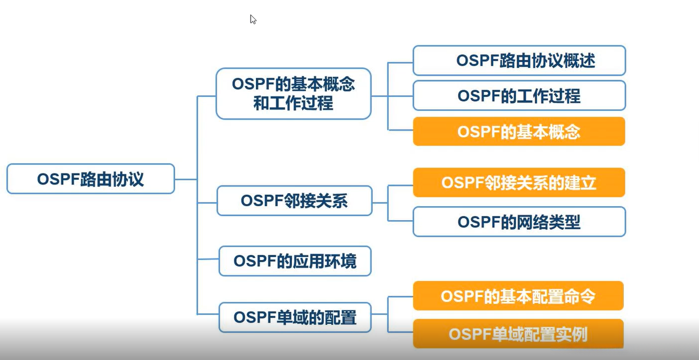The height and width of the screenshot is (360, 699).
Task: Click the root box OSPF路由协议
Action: coord(91,179)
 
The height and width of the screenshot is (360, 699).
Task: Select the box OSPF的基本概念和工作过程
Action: coord(293,94)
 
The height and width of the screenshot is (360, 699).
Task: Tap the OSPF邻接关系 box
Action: coord(294,201)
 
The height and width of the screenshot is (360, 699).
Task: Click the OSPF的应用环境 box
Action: coord(295,261)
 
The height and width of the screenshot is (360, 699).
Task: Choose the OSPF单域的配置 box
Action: coord(295,317)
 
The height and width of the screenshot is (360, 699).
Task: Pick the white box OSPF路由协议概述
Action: coord(519,61)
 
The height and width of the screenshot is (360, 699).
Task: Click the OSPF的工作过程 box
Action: coord(519,96)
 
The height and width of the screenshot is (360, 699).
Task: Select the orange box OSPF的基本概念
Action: coord(519,132)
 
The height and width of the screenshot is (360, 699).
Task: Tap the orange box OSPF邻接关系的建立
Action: coord(519,182)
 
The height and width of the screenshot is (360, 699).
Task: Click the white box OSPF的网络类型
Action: coord(519,222)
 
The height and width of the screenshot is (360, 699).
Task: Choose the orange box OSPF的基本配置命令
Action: coord(518,296)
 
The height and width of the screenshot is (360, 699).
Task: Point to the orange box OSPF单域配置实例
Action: coord(518,334)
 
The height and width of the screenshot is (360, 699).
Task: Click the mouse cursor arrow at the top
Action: coord(252,19)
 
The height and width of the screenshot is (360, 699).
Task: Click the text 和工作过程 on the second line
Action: coord(293,104)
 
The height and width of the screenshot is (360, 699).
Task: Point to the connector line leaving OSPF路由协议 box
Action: coord(186,179)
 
